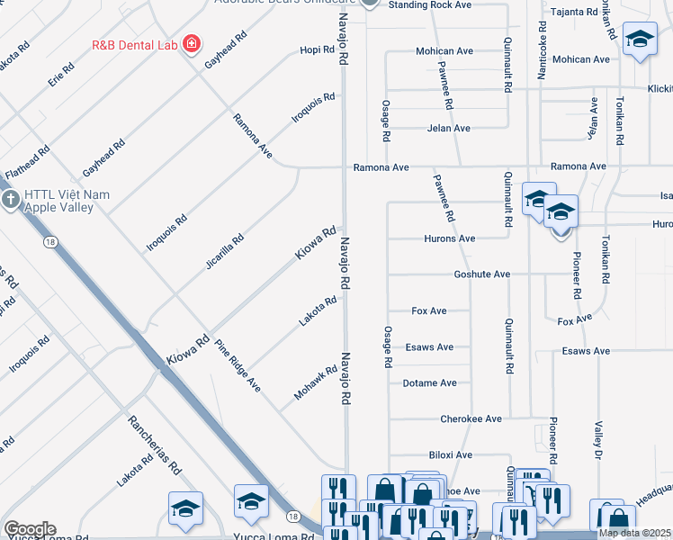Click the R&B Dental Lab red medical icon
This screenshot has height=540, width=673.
191,43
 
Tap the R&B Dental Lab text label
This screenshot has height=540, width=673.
135,43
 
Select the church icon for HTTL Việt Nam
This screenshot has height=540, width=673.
11,199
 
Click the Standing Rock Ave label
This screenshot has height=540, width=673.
429,5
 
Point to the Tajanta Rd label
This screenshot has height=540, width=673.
575,12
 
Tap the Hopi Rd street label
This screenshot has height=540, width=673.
317,50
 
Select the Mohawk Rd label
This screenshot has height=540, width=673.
314,383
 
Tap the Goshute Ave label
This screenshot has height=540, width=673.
481,274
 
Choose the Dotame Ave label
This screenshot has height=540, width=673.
429,383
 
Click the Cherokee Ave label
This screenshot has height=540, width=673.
471,419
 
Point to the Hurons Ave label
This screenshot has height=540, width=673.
449,238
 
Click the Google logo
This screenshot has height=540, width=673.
29,529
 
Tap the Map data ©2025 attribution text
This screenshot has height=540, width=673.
634,533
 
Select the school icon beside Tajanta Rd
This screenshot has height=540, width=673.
639,39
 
